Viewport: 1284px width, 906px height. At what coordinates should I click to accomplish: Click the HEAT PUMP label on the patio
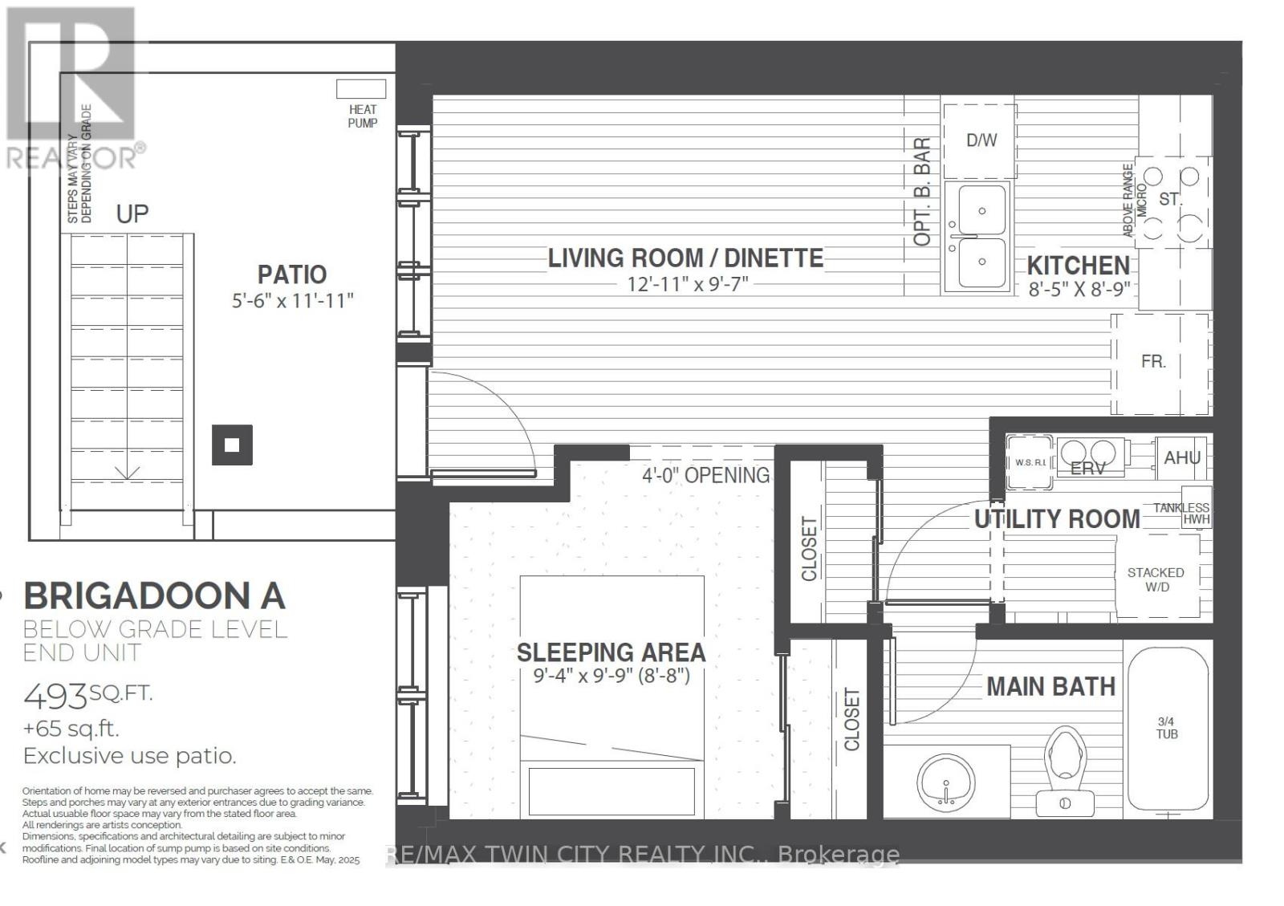coord(363,116)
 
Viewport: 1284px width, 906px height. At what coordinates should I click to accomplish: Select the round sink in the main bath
coord(945,779)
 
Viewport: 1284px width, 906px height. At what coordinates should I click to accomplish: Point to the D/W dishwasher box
coord(981,140)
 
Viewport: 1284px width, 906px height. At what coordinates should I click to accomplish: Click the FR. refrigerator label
coord(1153,362)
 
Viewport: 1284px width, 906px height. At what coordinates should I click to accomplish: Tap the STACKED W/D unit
coord(1156,578)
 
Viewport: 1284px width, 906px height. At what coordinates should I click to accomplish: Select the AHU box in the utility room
coord(1182,457)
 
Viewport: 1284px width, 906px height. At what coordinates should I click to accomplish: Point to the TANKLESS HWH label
coord(1182,514)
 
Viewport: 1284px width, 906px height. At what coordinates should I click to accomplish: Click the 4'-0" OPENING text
coord(705,475)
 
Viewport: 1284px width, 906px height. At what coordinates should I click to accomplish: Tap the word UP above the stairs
coord(132,214)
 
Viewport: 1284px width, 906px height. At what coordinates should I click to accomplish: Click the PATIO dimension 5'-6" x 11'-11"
coord(292,301)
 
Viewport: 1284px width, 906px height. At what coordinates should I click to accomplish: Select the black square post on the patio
coord(232,445)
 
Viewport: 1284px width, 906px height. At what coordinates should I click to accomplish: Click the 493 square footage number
coord(55,696)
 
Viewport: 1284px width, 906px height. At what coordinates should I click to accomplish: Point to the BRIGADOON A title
coord(154,596)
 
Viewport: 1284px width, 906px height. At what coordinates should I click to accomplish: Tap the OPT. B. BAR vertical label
coord(922,192)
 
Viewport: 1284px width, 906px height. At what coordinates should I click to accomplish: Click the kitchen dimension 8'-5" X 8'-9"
coord(1079,289)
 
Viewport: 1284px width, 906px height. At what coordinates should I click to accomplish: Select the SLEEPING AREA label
coord(611,652)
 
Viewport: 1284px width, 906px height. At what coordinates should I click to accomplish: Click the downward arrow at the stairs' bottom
coord(127,473)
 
